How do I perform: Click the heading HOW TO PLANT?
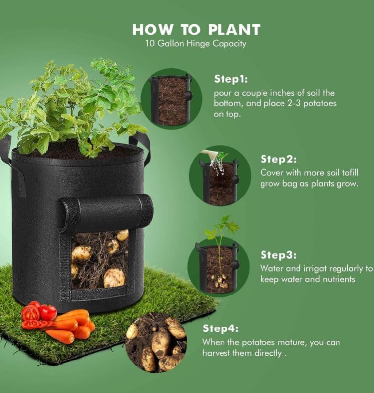point(196,30)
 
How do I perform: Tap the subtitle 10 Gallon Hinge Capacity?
point(196,44)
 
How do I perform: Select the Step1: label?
point(231,79)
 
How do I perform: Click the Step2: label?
point(278,159)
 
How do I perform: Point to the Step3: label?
point(278,255)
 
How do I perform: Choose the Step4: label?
point(220,328)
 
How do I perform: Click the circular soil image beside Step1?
point(171,99)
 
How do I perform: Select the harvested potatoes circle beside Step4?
point(156,342)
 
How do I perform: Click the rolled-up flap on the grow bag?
point(106,212)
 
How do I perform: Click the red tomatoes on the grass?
point(38,315)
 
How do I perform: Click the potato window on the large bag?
point(100,260)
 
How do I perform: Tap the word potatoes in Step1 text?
point(320,103)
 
